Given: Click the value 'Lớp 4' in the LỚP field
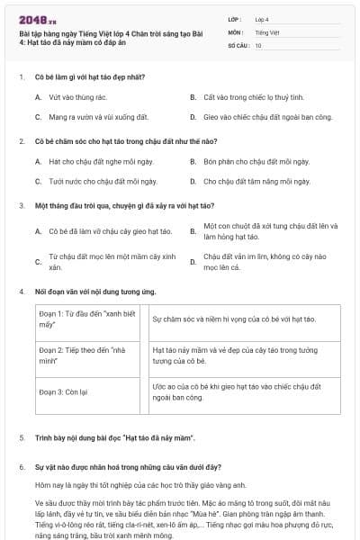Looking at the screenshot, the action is (x=262, y=18).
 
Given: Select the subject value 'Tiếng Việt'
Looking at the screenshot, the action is (x=265, y=31).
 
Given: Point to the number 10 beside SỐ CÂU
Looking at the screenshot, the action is (x=258, y=45).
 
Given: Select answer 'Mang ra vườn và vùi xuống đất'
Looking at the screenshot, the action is (x=98, y=117).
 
